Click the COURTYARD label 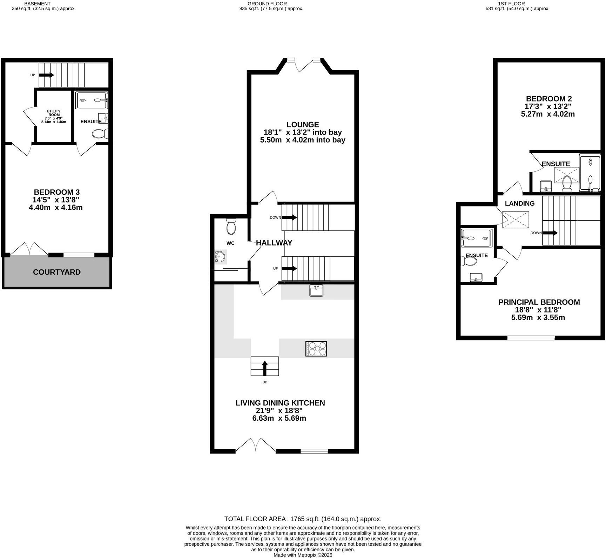[x=57, y=272]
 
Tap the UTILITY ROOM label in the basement [x=54, y=113]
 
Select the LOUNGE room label [x=303, y=125]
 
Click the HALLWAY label [x=274, y=243]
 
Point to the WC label [x=230, y=243]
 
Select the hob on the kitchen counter [x=316, y=349]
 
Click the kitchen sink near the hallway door [x=316, y=290]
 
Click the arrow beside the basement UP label [x=46, y=75]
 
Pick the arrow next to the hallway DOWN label [x=289, y=218]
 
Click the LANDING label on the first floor [x=520, y=204]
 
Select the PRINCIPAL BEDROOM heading [x=539, y=302]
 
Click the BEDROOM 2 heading [x=549, y=99]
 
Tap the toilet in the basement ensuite [x=100, y=133]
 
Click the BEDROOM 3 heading [x=57, y=192]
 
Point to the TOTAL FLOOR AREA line [x=303, y=519]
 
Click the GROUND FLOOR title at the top [x=267, y=4]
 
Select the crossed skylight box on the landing [x=515, y=220]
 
